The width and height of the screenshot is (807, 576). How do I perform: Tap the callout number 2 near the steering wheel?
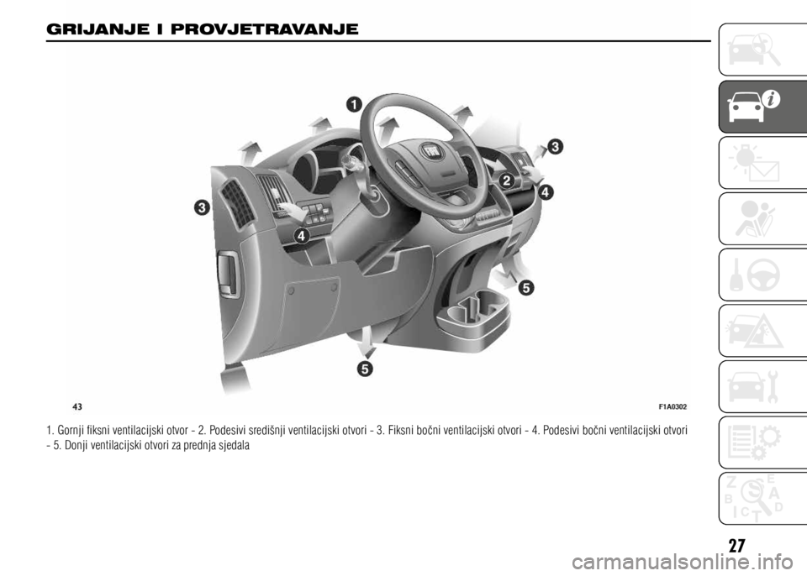[506, 181]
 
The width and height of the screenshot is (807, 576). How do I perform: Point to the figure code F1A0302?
[672, 406]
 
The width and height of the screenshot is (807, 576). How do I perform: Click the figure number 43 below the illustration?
[77, 406]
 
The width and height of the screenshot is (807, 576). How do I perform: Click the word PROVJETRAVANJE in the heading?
[265, 29]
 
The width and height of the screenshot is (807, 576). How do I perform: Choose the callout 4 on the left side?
[301, 236]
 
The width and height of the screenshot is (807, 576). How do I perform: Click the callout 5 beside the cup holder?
[525, 287]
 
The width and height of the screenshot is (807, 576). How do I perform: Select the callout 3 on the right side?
[555, 147]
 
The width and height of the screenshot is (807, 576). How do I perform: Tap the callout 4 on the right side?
[546, 193]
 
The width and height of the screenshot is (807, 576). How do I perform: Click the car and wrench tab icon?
[754, 386]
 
